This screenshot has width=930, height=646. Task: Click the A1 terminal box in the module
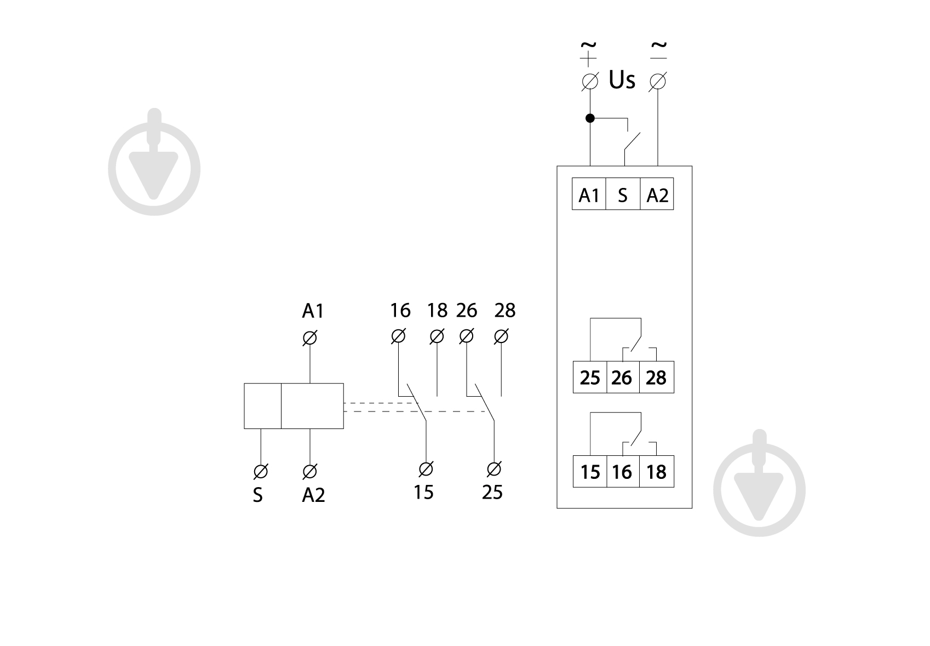589,194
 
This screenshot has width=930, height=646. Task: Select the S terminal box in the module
623,194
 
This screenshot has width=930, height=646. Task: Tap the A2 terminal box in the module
657,194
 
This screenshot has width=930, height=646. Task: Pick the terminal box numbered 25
590,377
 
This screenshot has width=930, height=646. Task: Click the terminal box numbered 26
623,377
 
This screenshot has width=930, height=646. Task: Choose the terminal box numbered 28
656,377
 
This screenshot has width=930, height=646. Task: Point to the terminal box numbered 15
590,472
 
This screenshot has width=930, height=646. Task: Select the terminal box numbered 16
623,472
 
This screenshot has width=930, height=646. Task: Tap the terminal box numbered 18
656,472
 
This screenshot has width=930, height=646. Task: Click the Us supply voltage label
622,80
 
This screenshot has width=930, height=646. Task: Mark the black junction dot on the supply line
590,118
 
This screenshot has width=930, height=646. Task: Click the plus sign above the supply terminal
588,59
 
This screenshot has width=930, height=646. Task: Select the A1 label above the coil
313,311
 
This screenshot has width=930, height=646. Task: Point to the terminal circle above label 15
426,470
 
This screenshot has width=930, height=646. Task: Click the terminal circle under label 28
501,336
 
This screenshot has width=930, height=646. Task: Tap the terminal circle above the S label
261,472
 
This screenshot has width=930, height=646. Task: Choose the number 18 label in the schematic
438,310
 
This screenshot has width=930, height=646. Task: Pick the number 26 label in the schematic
467,310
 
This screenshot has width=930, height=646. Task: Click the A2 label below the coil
313,495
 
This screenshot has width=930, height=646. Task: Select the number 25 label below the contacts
492,492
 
